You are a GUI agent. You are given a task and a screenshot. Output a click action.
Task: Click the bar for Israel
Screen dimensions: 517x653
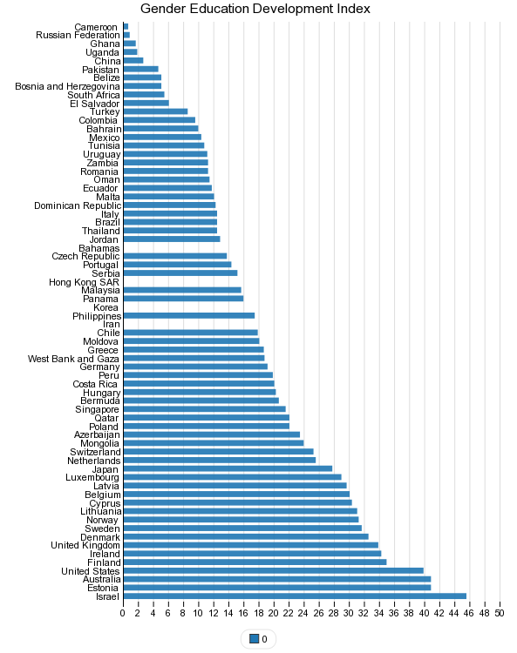[x=295, y=596]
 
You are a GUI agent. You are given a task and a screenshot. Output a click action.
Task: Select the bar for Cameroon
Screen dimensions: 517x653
[x=126, y=27]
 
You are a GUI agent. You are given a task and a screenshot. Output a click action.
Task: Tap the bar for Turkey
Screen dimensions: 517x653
[x=155, y=111]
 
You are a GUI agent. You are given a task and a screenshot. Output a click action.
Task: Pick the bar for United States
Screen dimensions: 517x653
[x=274, y=570]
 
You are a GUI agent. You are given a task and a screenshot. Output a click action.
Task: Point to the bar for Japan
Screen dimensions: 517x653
[x=228, y=468]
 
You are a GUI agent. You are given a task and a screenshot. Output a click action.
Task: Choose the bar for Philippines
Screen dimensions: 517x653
[x=189, y=316]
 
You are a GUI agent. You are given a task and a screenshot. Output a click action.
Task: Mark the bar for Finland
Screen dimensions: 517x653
[x=255, y=562]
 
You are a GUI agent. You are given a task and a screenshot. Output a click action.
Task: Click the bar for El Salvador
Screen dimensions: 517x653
[x=146, y=104]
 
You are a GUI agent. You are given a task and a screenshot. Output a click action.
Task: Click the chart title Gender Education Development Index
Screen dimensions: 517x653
[x=255, y=9]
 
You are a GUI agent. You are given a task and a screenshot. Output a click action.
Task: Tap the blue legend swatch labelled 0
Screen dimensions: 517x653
[x=254, y=638]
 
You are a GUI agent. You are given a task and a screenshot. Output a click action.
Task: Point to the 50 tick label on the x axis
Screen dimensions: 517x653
[x=500, y=613]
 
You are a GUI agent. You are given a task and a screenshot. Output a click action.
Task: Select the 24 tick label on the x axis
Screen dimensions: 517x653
[x=303, y=613]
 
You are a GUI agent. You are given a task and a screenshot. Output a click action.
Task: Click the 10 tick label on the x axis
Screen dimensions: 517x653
[x=198, y=613]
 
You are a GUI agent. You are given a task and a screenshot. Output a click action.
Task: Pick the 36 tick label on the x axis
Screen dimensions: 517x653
[x=394, y=613]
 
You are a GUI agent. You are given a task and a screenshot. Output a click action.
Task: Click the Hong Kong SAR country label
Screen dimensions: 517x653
[x=85, y=282]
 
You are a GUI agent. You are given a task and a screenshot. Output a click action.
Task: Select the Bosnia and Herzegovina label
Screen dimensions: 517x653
[x=67, y=86]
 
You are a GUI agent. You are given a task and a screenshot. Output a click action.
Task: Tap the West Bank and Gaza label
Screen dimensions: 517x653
[x=73, y=359]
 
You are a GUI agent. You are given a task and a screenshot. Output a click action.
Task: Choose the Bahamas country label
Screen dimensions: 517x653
[x=99, y=248]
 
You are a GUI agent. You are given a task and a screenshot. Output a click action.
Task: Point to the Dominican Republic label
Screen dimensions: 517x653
[x=78, y=205]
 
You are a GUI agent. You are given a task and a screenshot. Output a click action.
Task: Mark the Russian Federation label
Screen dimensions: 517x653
[x=78, y=35]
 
